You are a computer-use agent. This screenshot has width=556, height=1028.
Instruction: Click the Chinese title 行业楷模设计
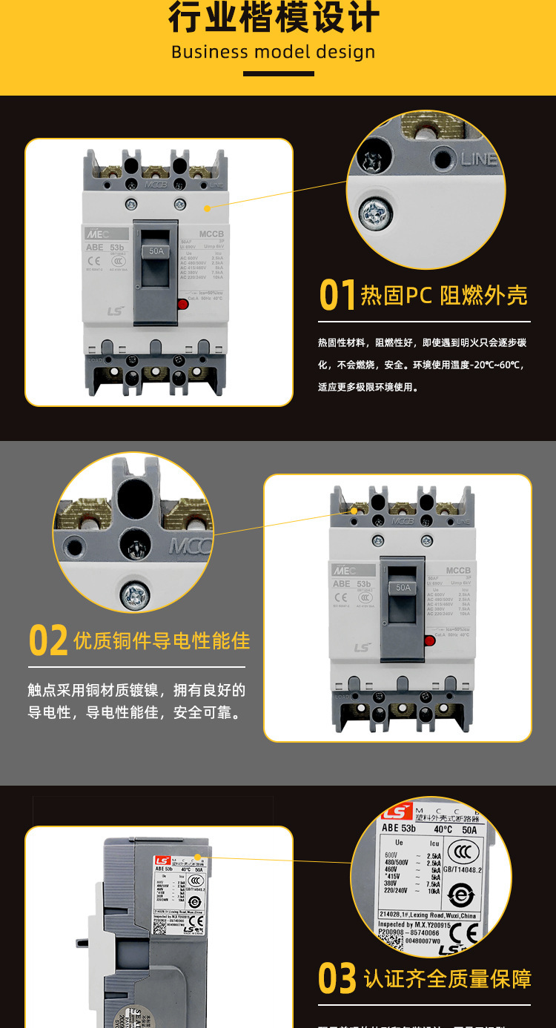click(274, 18)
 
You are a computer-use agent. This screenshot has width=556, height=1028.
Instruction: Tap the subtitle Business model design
click(274, 53)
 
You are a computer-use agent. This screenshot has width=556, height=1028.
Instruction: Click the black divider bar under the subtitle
click(278, 73)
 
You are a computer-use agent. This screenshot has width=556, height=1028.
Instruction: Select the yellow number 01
click(337, 295)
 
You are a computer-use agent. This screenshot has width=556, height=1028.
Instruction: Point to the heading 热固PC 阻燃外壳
click(444, 296)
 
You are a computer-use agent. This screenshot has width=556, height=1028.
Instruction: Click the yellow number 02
click(48, 641)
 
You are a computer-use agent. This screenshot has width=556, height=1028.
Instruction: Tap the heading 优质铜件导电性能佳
click(162, 641)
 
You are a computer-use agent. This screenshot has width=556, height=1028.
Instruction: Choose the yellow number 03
click(337, 978)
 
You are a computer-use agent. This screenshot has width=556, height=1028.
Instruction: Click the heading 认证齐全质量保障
click(448, 978)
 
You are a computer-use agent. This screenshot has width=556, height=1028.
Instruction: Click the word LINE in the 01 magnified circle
click(478, 159)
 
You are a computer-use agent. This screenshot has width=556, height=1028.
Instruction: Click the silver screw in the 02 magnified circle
click(135, 594)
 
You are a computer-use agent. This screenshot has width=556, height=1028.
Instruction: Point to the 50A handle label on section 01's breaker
click(156, 251)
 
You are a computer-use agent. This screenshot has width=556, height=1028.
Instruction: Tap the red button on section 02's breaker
click(429, 640)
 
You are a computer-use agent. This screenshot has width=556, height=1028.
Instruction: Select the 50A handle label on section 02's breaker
click(403, 587)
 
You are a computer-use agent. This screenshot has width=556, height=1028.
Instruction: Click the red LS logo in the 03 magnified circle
click(396, 812)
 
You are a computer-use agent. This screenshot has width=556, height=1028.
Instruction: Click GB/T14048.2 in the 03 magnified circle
click(463, 870)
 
